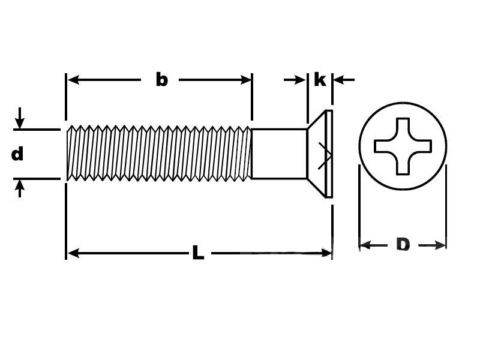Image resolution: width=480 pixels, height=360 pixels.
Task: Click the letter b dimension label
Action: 162,80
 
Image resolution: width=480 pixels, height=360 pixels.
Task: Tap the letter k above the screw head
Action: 320,80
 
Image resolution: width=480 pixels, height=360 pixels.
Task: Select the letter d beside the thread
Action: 17,154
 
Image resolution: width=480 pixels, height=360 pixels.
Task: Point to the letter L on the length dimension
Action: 199,252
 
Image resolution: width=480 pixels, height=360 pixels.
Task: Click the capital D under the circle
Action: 403,244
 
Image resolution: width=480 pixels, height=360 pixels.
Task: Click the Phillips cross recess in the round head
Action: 403,146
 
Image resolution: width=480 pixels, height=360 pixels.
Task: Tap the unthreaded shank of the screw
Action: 279,154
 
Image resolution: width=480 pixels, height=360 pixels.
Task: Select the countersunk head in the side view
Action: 320,154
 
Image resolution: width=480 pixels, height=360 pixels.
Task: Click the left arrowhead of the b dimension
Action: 73,80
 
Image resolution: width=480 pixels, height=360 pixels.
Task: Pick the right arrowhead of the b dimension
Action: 245,80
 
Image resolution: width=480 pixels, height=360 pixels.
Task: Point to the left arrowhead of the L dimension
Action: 73,253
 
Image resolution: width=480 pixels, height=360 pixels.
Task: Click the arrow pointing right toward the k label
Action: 295,80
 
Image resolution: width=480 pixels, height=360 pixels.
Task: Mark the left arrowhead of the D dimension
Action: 365,245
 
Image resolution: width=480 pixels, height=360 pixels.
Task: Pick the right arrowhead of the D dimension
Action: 439,245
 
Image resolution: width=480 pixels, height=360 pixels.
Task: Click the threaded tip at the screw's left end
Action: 70,153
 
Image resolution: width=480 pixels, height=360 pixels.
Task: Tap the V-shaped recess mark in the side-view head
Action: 325,155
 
